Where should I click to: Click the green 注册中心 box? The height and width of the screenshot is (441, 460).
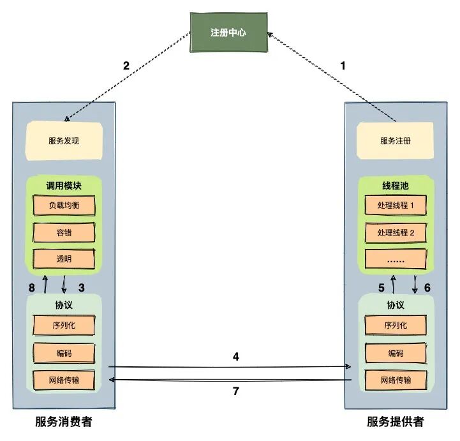(x=228, y=33)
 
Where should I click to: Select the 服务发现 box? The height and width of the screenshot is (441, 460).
(x=65, y=141)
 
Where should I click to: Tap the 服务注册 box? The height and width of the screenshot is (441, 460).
(x=396, y=141)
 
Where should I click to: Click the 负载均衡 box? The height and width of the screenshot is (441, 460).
(x=64, y=206)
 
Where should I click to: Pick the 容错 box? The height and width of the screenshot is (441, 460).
(x=64, y=233)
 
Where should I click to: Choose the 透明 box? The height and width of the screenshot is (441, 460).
(x=64, y=259)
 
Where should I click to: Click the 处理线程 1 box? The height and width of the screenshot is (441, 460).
(x=396, y=206)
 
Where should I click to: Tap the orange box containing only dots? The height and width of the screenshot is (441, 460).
(x=396, y=260)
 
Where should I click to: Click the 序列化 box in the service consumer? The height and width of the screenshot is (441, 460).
(x=64, y=325)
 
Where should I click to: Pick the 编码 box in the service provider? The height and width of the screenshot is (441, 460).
(x=396, y=353)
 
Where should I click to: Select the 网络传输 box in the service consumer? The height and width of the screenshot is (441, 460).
(x=64, y=380)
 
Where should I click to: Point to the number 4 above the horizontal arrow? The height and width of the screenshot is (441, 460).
(x=235, y=356)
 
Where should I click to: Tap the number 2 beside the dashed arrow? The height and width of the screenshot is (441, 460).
(x=126, y=65)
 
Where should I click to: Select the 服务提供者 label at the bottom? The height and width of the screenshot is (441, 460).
(x=395, y=422)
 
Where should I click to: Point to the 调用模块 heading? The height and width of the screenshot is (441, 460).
(x=64, y=186)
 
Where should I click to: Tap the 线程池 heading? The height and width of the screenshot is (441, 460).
(x=396, y=186)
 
